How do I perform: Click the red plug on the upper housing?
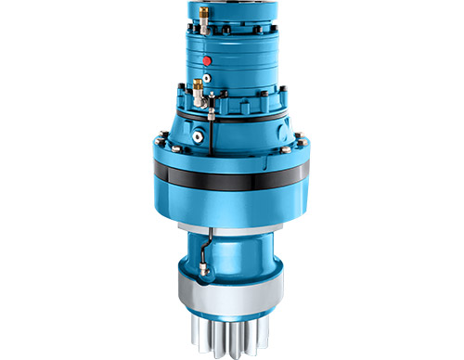point(207,58)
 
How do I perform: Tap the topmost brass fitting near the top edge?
point(202,15)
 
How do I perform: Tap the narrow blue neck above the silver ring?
point(232,251)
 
